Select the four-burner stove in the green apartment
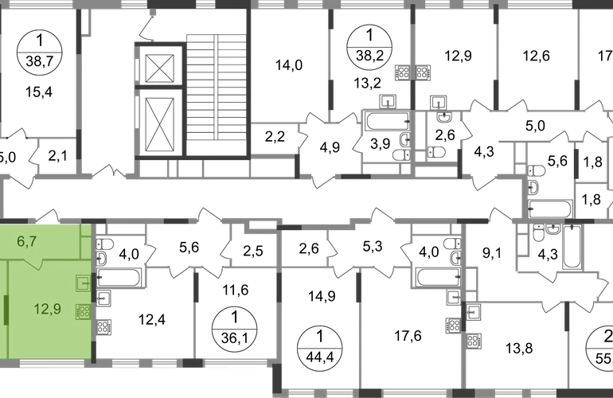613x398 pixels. (82, 312)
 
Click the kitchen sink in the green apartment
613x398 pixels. (82, 281)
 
